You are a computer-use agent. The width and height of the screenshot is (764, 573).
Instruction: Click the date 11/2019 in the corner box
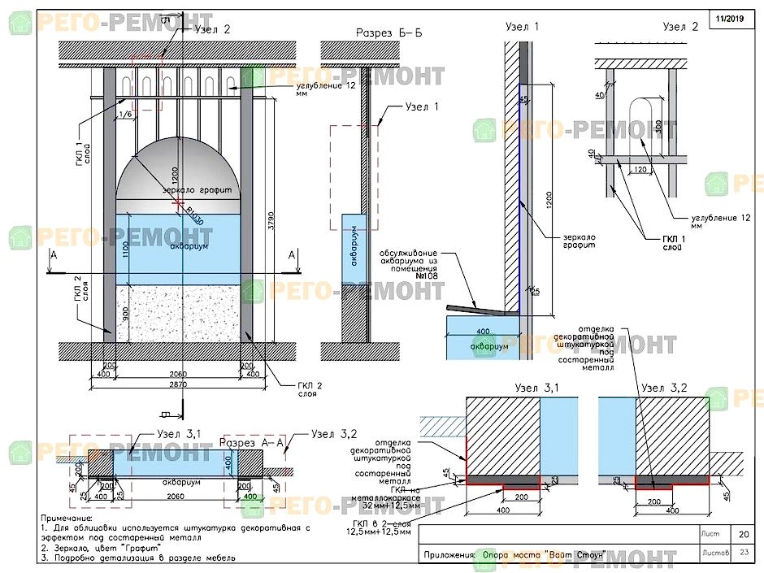pos(731,18)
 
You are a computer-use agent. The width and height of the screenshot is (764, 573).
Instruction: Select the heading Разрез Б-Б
pos(389,33)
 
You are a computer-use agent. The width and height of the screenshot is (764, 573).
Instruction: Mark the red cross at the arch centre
pos(179,201)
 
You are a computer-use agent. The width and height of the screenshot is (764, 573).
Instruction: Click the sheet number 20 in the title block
pos(743,534)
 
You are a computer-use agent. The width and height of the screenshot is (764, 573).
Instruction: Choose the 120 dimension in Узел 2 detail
pos(639,169)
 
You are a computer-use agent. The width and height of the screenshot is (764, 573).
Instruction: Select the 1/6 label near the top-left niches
pos(126,115)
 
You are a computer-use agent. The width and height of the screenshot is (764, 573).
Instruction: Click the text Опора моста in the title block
pos(510,556)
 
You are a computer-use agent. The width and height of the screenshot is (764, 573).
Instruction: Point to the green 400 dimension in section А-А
pos(250,497)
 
